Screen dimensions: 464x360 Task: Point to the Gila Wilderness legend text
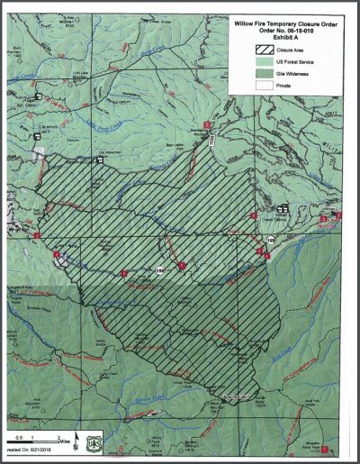coord(280,68)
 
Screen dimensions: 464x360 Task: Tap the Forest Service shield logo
coord(96,441)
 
